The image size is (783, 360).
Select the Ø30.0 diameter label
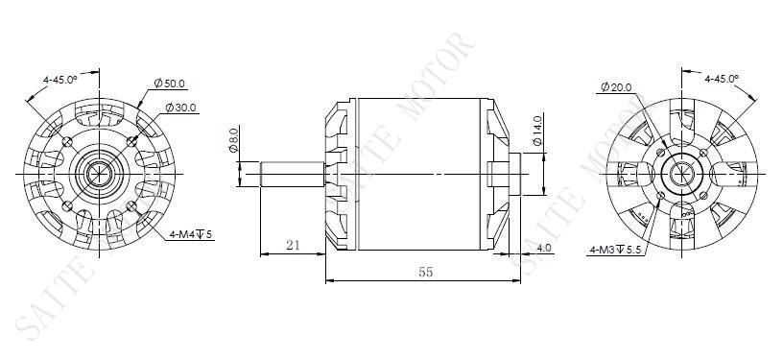tap(180, 108)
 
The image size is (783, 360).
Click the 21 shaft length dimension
tap(294, 246)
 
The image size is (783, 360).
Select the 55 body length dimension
tap(425, 273)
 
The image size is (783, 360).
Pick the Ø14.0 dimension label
tap(538, 130)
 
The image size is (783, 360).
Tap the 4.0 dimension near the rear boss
tap(544, 249)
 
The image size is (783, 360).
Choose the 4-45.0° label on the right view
tap(721, 78)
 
